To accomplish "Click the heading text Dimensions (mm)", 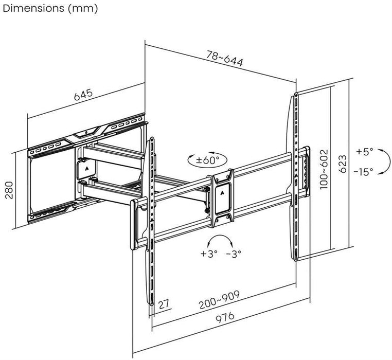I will coord(49,9).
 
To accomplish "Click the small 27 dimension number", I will coord(164,304).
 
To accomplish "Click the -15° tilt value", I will coord(363,172).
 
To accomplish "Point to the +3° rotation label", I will coord(209,253).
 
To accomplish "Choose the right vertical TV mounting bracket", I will coord(296,175).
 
